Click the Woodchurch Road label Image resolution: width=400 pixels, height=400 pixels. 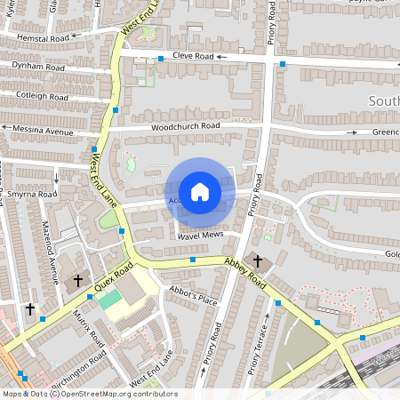coord(185,126)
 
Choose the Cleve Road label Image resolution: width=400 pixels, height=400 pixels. coord(193,55)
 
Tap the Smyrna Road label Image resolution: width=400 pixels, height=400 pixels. coord(32,193)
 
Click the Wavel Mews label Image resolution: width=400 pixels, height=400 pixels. coord(200,237)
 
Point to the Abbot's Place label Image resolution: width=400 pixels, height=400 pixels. coord(193,299)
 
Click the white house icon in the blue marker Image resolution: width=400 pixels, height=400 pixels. coord(200,191)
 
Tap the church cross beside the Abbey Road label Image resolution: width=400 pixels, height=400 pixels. coord(258,261)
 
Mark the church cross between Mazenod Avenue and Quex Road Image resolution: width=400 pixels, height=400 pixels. coord(77,281)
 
